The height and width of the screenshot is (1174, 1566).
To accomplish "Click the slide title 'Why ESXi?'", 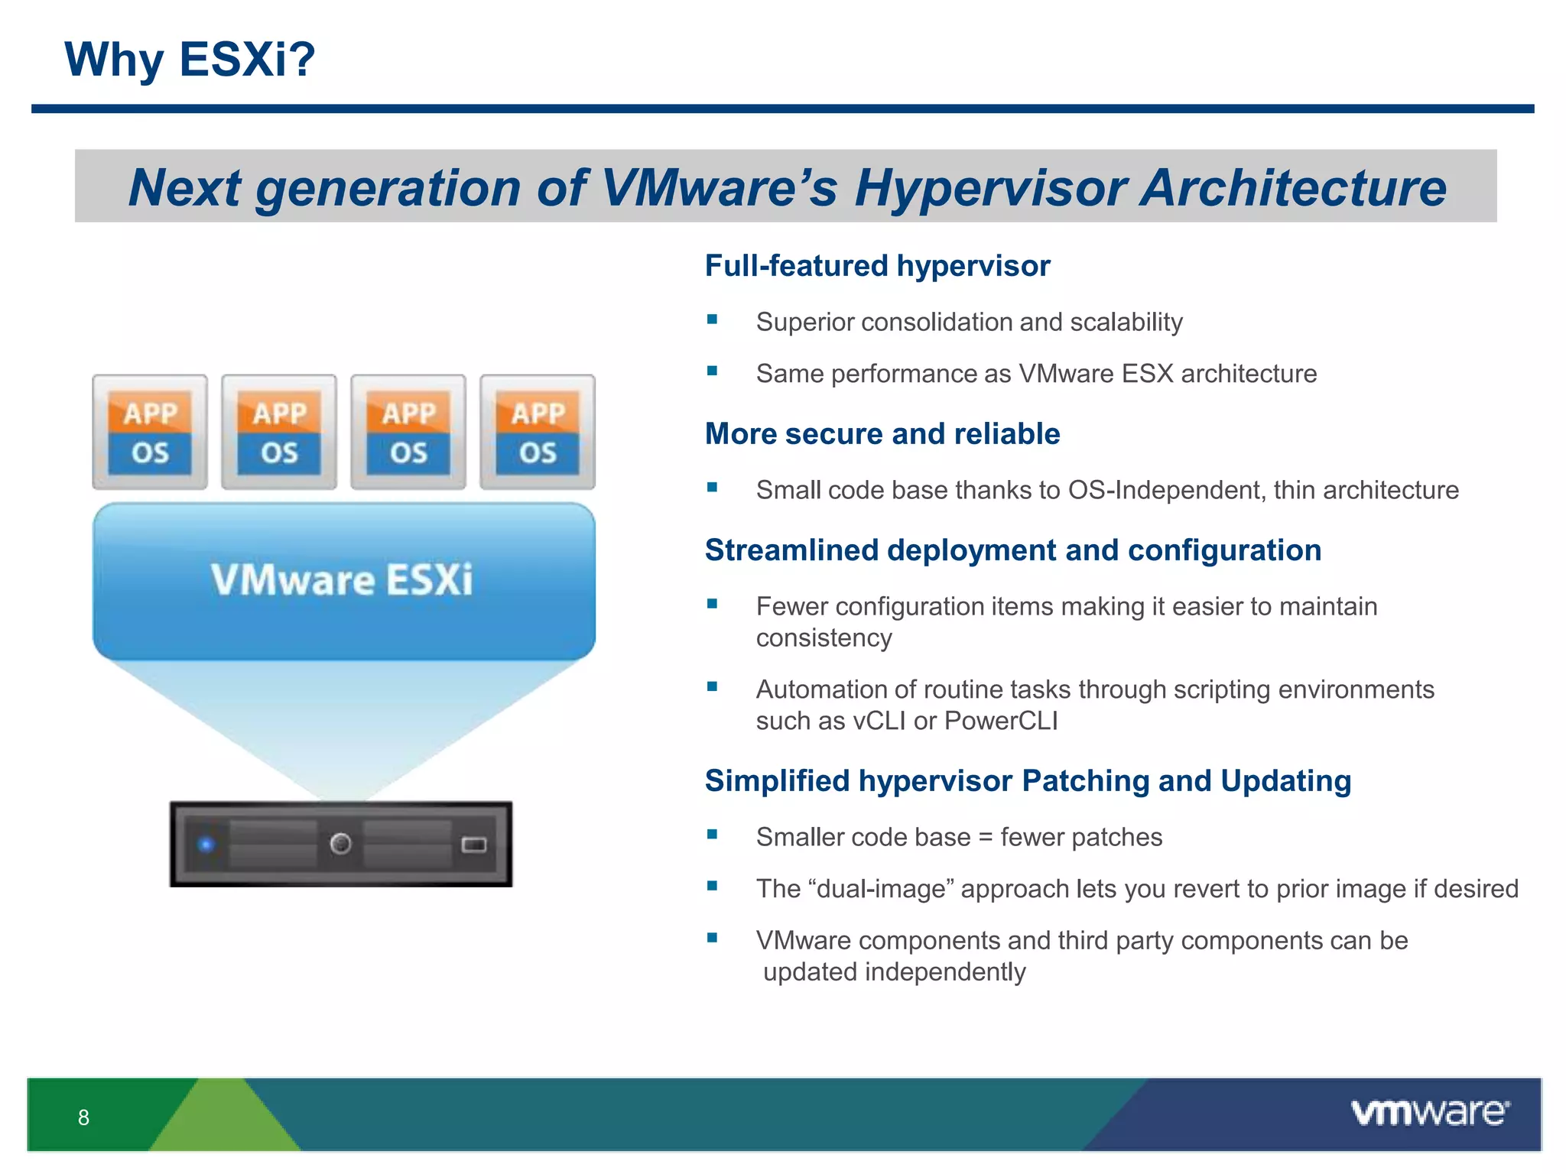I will click(190, 60).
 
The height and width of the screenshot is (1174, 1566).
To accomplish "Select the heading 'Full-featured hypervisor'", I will click(877, 266).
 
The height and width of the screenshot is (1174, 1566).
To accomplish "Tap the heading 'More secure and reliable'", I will click(882, 434).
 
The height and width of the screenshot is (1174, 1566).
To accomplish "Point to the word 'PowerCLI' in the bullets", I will click(1001, 721).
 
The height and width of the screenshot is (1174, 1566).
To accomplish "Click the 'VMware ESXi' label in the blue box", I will click(342, 579).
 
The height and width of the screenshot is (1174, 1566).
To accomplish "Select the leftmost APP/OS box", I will click(150, 432).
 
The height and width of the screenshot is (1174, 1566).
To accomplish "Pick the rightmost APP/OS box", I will click(538, 432).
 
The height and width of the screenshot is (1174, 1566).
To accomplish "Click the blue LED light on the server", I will click(206, 845).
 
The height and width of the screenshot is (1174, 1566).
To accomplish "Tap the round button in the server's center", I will click(340, 844).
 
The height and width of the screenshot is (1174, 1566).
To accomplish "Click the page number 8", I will click(83, 1117).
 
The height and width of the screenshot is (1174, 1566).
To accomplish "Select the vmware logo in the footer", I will click(1429, 1113).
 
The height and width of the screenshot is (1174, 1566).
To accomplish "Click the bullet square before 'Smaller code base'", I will click(712, 835).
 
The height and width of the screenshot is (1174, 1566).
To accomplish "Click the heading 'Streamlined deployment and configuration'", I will click(1012, 550).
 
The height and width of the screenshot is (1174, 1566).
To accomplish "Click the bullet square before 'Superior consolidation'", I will click(712, 319).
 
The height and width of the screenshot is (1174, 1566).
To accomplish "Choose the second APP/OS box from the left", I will click(279, 432).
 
